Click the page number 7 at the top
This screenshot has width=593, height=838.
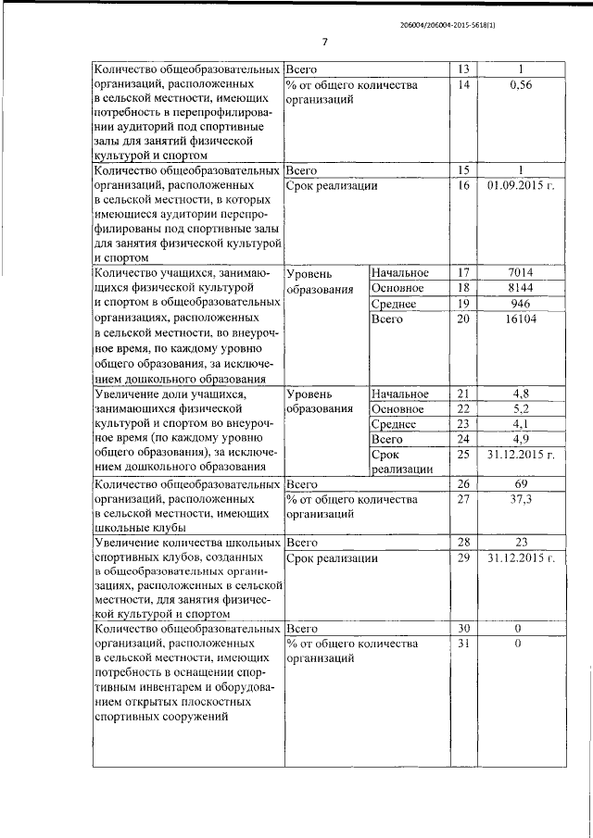(326, 42)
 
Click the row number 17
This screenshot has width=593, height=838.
(464, 272)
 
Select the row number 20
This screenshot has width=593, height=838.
(464, 319)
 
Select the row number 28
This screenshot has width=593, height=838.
(464, 542)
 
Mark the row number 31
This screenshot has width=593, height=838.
(464, 644)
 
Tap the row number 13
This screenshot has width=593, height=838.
(464, 69)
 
